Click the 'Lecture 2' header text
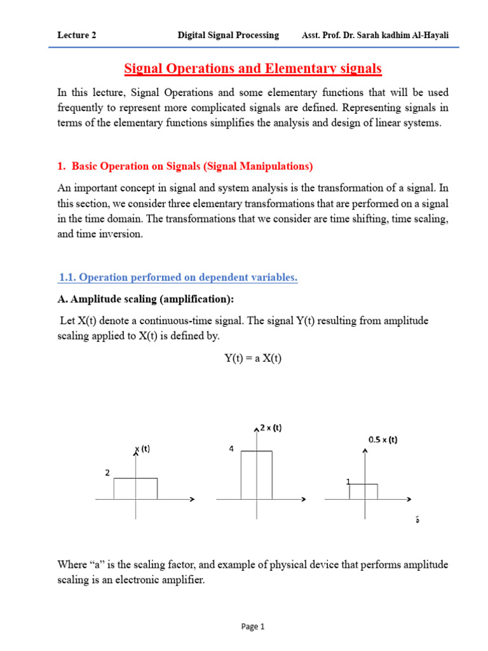tap(76, 36)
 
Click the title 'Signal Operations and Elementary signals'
tap(252, 68)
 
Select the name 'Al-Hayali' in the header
tap(429, 36)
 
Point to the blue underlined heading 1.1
tap(178, 277)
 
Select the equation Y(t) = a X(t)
tap(253, 359)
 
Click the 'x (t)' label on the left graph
tap(142, 449)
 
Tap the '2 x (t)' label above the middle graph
tap(270, 428)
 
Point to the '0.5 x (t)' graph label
tap(383, 439)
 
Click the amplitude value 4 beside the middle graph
tap(231, 449)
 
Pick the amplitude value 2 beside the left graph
tap(107, 473)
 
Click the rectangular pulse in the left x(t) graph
tap(135, 489)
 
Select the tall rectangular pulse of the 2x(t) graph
tap(257, 475)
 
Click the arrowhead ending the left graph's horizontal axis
tap(191, 500)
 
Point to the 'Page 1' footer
tap(253, 627)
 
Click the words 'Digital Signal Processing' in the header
tap(228, 36)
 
